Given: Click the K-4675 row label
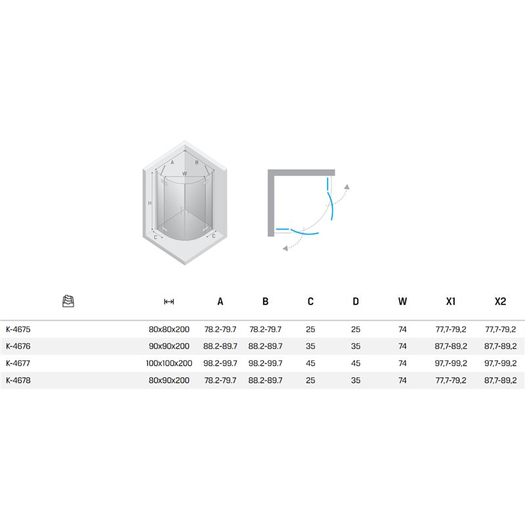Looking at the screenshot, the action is click(x=18, y=329).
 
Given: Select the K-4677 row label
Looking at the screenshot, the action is click(x=18, y=364).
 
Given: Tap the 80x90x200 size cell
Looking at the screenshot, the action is click(x=169, y=381).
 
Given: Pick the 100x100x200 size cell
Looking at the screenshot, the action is click(x=169, y=364).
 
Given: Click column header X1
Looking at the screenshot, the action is click(x=451, y=301).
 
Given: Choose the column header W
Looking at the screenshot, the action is click(x=402, y=301).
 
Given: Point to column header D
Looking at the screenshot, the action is click(x=356, y=301).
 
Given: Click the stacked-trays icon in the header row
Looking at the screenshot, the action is click(x=68, y=301).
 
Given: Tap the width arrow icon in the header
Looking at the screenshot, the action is click(x=169, y=302).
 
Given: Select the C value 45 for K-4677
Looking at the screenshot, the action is click(x=310, y=364).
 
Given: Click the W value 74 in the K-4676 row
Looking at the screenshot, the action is click(x=402, y=346).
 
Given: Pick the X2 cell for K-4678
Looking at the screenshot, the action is click(x=500, y=381).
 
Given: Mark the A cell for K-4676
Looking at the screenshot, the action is click(x=220, y=346).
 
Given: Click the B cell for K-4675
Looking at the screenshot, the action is click(x=265, y=329).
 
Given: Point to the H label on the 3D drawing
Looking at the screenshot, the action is click(x=150, y=203).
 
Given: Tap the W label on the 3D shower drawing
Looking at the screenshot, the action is click(x=184, y=174).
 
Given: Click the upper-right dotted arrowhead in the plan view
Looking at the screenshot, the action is click(x=347, y=187).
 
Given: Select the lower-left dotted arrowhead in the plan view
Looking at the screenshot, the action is click(x=285, y=248).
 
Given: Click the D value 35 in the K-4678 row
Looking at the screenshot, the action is click(x=356, y=381).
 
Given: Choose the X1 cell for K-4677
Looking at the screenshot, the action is click(x=451, y=364).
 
